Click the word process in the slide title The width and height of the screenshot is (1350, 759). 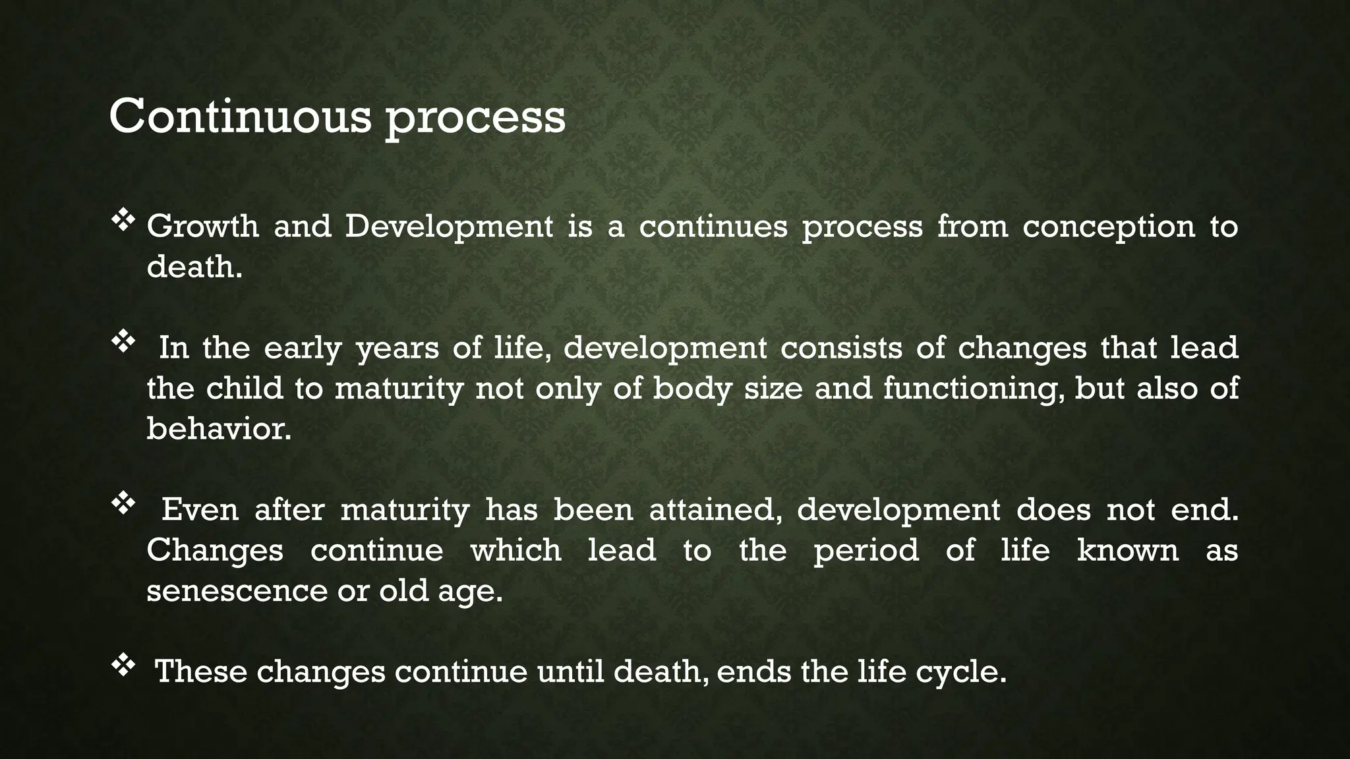click(475, 119)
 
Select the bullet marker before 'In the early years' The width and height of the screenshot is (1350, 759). click(123, 343)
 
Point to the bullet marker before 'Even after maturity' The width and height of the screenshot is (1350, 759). click(123, 505)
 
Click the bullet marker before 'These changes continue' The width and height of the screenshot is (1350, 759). click(123, 667)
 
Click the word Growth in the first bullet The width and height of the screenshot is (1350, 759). click(202, 227)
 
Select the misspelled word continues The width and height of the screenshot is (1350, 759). click(713, 227)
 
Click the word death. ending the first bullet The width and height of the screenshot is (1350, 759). click(194, 267)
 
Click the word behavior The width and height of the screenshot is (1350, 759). click(218, 429)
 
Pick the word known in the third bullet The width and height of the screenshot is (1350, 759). click(1127, 550)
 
